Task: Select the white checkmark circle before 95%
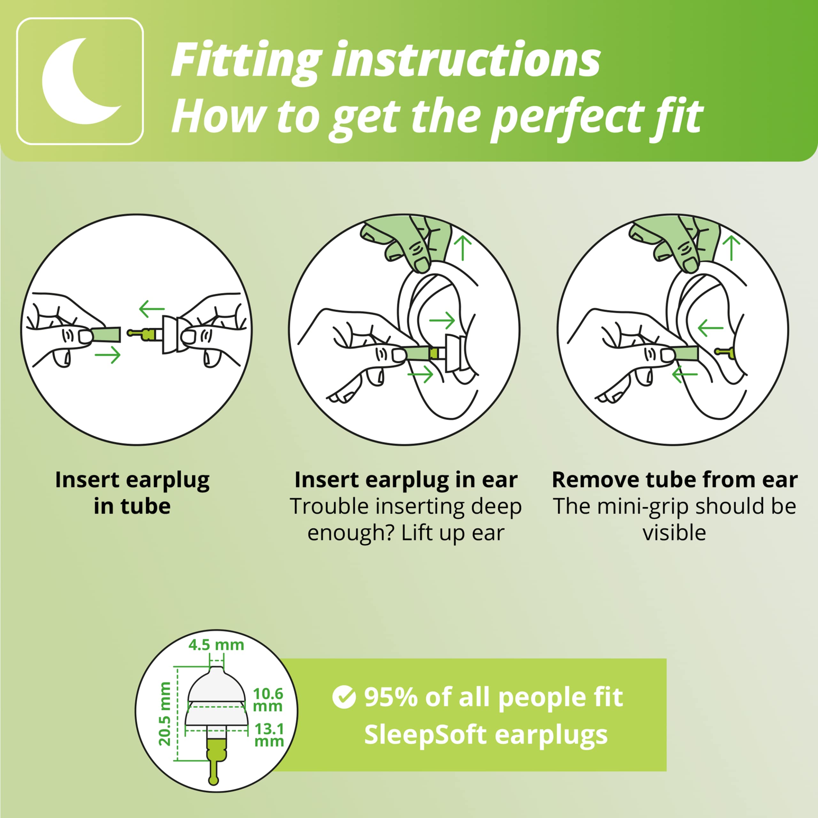click(x=344, y=697)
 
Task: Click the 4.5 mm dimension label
click(x=216, y=645)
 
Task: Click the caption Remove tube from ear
click(x=675, y=480)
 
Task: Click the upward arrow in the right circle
click(x=731, y=248)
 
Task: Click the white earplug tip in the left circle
click(x=170, y=335)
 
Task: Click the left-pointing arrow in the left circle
click(x=151, y=309)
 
